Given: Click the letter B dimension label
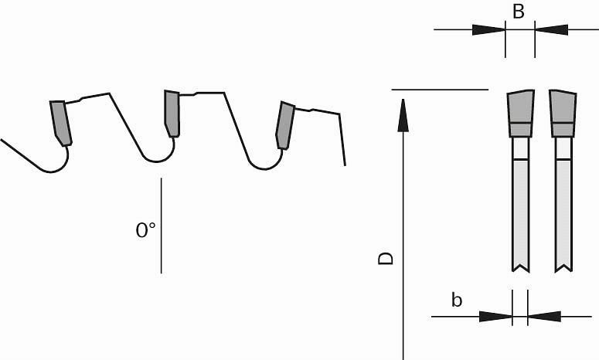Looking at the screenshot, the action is coord(519,12).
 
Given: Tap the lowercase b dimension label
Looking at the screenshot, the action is coord(457,300).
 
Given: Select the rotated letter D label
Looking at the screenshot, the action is coord(386,258).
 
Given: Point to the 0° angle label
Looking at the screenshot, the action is coord(145,230).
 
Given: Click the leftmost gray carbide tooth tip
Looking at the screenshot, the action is coord(61,123).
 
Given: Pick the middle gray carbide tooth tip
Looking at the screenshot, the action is coord(172,114).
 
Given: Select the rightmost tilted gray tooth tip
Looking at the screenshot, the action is coord(285,125).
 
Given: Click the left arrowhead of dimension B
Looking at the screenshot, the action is coord(488,30).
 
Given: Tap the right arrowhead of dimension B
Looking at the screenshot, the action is coord(551,30).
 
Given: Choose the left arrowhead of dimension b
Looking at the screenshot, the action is coord(495,317).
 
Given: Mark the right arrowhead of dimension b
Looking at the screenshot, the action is coord(544,317).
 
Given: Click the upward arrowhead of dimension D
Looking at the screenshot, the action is coord(403,115).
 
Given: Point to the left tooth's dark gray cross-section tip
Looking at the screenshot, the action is coord(521,114).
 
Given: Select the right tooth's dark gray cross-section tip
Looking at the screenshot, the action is coord(563,114).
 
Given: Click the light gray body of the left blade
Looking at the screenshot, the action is coord(521,214).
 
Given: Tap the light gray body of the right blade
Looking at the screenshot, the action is coord(563,214).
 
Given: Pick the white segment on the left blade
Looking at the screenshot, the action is coord(521,148).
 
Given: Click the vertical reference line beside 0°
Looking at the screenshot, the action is coord(162,226).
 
